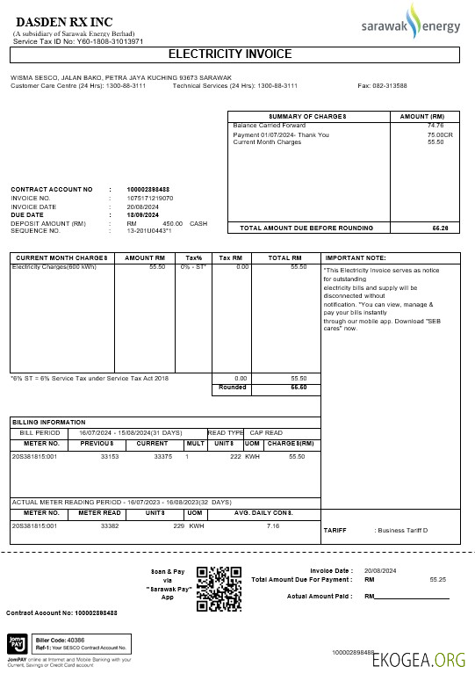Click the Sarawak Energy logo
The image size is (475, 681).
click(411, 25)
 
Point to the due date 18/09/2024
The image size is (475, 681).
click(143, 214)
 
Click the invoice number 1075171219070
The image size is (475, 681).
click(150, 199)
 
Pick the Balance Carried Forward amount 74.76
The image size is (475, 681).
click(435, 127)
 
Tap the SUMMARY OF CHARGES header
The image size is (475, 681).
click(307, 116)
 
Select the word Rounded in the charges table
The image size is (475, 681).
click(233, 387)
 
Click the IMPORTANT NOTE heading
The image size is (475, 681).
click(356, 257)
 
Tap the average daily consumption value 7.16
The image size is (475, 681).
click(272, 525)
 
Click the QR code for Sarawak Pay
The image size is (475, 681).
click(219, 588)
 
